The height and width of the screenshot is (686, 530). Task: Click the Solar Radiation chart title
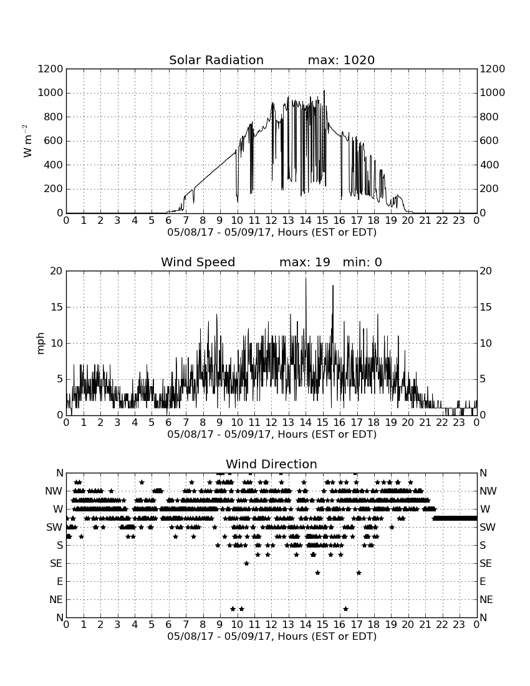tap(216, 60)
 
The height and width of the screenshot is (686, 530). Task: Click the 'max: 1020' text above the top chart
tap(341, 60)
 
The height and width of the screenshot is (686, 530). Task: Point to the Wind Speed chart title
tap(198, 262)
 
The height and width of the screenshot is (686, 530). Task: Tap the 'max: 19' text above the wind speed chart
tap(305, 262)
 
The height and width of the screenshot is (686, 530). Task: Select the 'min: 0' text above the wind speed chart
tap(362, 262)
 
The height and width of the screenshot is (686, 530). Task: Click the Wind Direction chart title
tap(271, 464)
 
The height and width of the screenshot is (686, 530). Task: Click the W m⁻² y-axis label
tap(27, 141)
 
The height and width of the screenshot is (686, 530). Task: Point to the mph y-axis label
tap(41, 344)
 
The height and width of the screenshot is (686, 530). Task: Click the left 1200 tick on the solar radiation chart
tap(51, 69)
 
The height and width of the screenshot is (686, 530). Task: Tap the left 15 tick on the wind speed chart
tap(57, 307)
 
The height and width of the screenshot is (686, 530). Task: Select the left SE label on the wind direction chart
tap(56, 564)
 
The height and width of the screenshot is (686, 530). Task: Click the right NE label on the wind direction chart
tap(486, 599)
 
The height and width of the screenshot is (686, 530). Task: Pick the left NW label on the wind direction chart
tap(54, 491)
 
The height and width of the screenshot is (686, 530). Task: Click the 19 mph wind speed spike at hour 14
tap(306, 278)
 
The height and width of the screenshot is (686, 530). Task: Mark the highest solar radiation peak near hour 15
tap(324, 90)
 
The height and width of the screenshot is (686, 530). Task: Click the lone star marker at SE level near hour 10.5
tap(247, 564)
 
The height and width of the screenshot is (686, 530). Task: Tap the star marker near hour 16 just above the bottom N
tap(345, 609)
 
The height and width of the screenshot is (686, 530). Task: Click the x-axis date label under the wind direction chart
tap(272, 636)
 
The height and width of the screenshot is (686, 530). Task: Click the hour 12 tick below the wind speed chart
tap(271, 422)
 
